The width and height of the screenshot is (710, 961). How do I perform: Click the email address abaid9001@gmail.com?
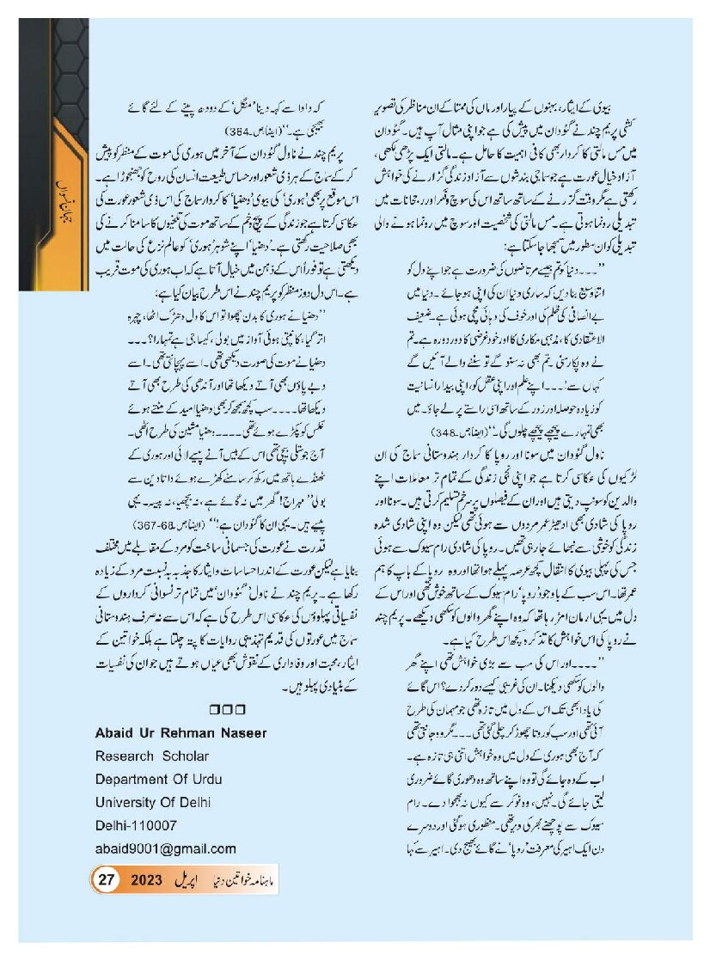167,848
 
